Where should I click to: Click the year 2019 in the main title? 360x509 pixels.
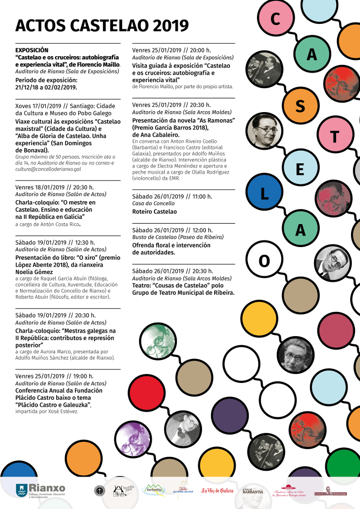171,26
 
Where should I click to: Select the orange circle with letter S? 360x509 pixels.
300,106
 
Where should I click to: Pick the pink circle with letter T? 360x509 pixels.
334,137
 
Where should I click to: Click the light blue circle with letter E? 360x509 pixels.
300,170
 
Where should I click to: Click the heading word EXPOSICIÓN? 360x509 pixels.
31,50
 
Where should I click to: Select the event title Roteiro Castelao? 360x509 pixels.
154,212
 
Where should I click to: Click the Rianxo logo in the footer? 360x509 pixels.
40,491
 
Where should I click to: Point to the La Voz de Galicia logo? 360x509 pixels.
217,491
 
